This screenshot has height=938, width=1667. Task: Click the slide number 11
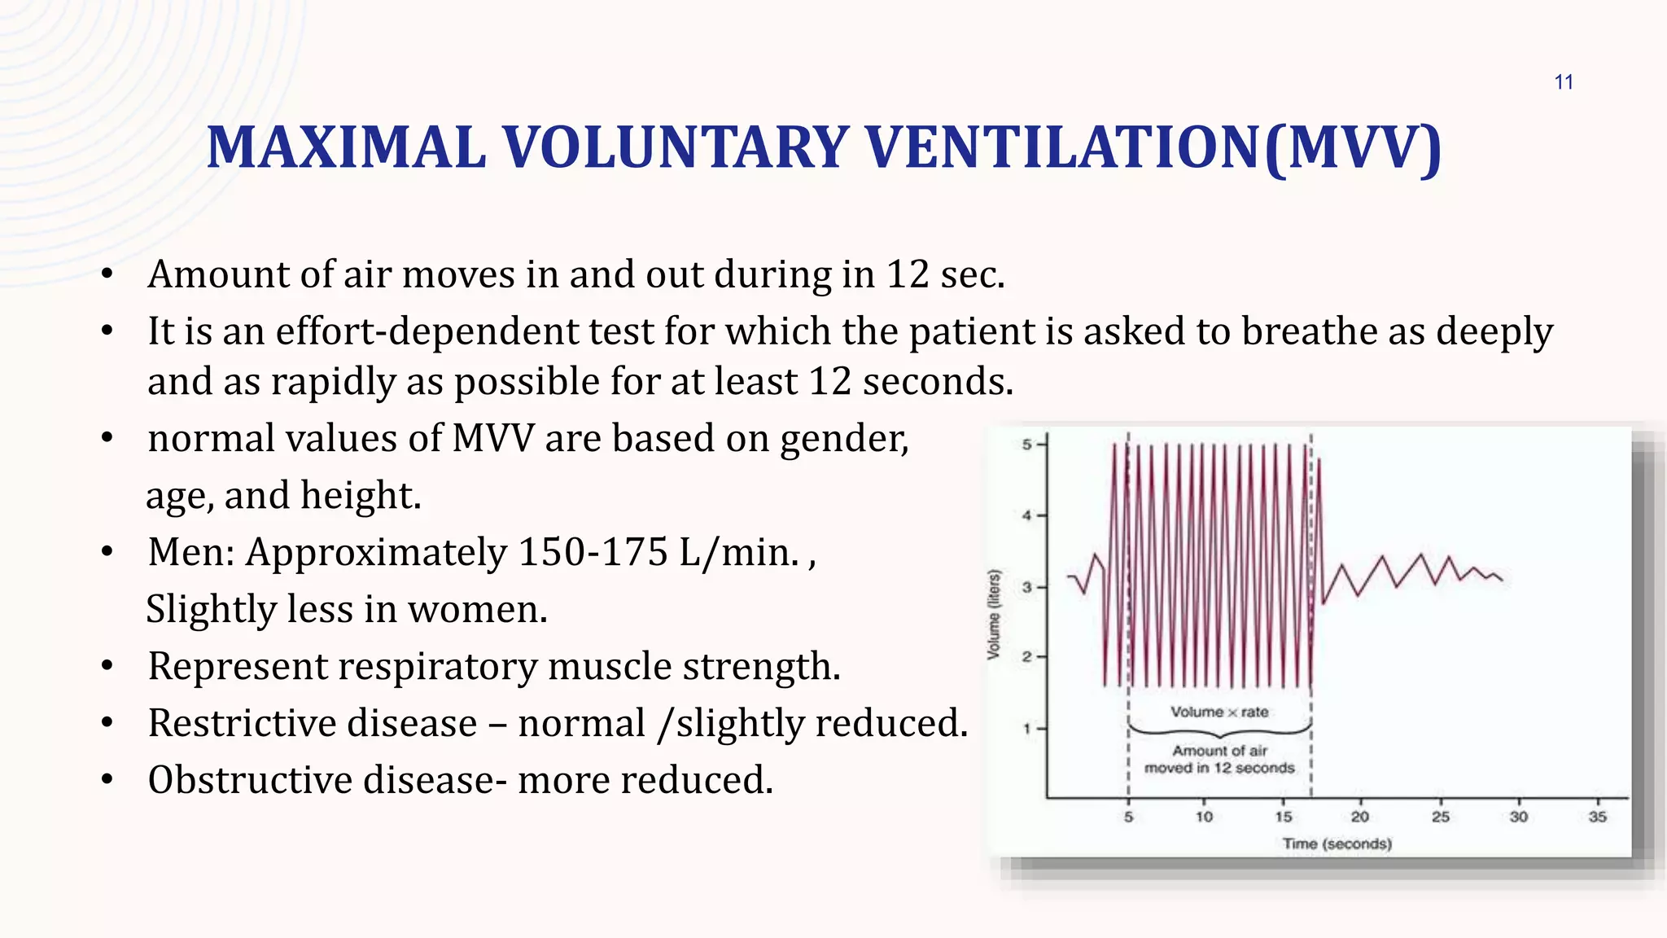tap(1563, 82)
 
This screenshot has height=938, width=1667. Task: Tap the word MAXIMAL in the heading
tap(346, 148)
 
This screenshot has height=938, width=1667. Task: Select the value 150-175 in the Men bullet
tap(593, 552)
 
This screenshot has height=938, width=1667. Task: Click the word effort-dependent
tap(427, 331)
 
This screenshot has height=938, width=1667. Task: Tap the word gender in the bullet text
tap(843, 440)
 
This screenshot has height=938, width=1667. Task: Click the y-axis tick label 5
tap(1026, 445)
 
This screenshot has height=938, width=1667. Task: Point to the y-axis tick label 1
tap(1026, 729)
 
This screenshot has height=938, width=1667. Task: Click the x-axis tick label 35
tap(1597, 817)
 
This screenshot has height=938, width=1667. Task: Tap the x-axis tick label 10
tap(1204, 817)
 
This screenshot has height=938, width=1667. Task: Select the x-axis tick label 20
tap(1359, 817)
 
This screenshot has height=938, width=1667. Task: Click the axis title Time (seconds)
tap(1337, 844)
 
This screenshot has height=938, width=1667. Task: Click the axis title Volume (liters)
tap(993, 615)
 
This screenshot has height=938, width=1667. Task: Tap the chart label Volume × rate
tap(1219, 712)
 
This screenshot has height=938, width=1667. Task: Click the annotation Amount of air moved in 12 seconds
tap(1219, 759)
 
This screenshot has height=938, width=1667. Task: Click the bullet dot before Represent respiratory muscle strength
tap(107, 667)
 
